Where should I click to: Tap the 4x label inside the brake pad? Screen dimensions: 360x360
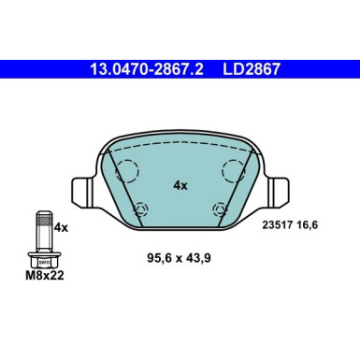coord(180,185)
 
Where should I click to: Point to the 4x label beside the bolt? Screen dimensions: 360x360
coord(61,226)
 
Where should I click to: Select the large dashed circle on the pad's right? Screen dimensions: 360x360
coord(232,172)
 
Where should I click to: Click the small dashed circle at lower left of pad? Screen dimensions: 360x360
coord(140,209)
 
